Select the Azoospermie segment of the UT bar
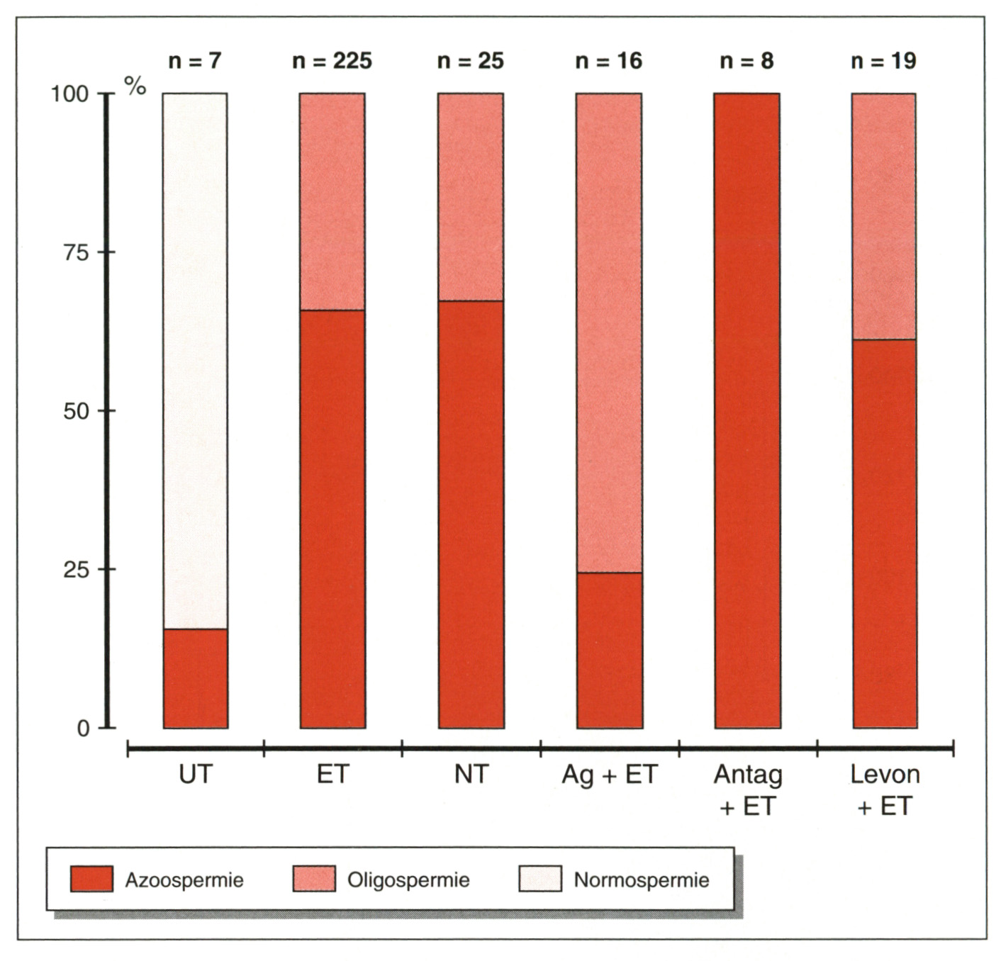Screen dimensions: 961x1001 tap(195, 678)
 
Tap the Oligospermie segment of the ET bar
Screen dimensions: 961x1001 tap(332, 201)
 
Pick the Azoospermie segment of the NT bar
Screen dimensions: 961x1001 tap(471, 515)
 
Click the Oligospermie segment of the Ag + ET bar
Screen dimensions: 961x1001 tap(609, 332)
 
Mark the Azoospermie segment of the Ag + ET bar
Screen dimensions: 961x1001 tap(609, 650)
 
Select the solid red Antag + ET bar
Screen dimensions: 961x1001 tap(747, 410)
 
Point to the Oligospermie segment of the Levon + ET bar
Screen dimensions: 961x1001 tap(884, 216)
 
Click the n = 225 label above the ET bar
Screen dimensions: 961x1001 tap(332, 61)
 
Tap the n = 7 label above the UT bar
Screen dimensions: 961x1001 tap(195, 61)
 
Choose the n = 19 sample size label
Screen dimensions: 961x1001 tap(883, 61)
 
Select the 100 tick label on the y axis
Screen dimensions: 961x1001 tap(69, 94)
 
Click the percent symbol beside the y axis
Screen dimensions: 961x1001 tap(135, 86)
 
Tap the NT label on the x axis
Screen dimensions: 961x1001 tap(471, 775)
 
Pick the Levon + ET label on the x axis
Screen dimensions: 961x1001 tap(885, 789)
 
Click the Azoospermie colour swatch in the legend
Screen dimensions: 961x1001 tap(92, 879)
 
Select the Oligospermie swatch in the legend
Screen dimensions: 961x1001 tap(314, 879)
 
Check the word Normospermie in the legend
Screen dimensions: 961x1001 tap(641, 880)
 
